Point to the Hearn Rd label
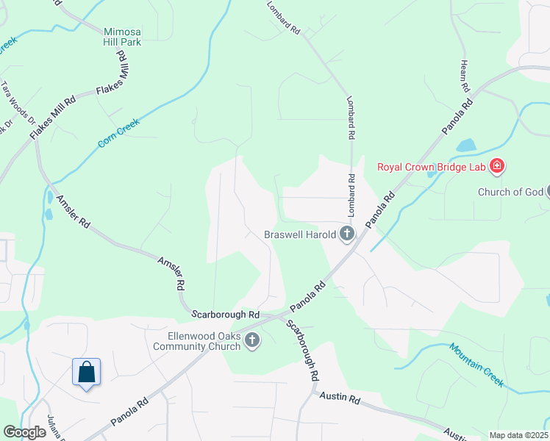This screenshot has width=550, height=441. [465, 75]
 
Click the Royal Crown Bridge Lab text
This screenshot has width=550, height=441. [432, 167]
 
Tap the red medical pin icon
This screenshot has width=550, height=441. [497, 166]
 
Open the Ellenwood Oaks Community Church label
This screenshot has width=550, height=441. [199, 341]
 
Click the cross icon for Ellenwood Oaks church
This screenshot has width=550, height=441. [252, 340]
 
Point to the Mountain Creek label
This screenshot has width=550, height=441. [476, 365]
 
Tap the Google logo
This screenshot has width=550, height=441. [25, 432]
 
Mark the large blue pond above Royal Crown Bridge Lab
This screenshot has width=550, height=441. [468, 145]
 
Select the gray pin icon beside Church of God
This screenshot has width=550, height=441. [547, 192]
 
